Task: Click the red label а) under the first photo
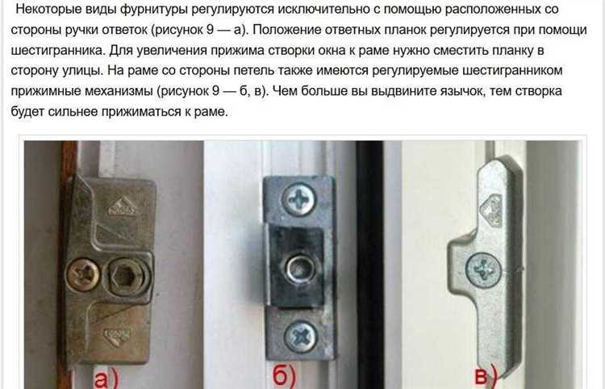click(106, 379)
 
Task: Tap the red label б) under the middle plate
click(285, 374)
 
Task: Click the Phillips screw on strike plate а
click(82, 274)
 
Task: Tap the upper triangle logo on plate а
click(123, 206)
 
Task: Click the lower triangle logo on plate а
click(117, 336)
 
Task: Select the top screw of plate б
click(298, 199)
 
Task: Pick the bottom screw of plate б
click(300, 337)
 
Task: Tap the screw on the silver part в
click(483, 270)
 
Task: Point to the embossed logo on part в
click(491, 210)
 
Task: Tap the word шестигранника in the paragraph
click(57, 51)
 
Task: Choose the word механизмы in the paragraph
click(119, 91)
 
